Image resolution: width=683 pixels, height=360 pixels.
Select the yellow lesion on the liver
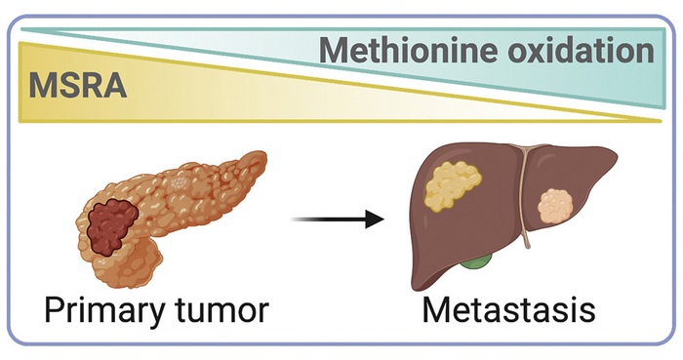455,187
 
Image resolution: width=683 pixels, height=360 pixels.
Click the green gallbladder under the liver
477,261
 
